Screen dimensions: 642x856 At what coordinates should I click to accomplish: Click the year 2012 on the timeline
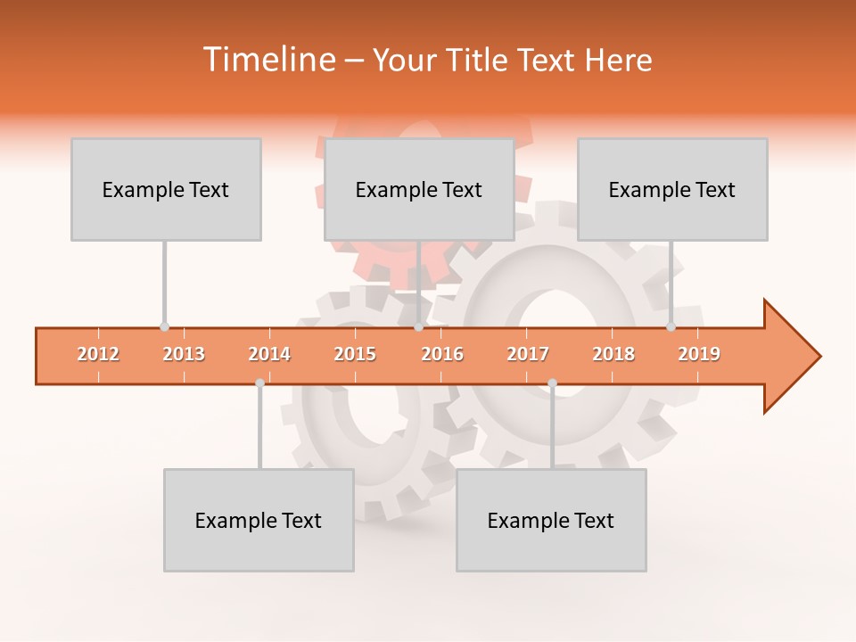coord(98,354)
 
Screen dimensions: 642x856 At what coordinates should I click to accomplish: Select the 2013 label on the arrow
coord(184,354)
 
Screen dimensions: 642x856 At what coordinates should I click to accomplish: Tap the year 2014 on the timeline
coord(269,354)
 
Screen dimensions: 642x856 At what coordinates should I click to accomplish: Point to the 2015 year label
coord(355,354)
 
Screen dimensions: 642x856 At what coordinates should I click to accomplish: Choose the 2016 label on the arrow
coord(442,354)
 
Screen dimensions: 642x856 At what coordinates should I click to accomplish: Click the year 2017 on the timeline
coord(528,354)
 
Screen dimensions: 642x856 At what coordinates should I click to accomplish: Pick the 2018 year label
coord(613,354)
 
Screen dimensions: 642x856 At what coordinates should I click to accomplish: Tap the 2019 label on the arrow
coord(699,354)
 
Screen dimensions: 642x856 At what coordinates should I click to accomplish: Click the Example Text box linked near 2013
coord(166,189)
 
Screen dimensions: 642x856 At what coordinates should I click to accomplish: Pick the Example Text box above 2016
coord(419,189)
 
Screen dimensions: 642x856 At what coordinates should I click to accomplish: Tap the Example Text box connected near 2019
coord(672,189)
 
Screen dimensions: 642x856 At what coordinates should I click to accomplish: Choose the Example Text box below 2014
coord(259,520)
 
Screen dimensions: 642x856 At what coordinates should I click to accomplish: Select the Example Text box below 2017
coord(551,520)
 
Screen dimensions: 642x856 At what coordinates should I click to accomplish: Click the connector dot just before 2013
coord(164,327)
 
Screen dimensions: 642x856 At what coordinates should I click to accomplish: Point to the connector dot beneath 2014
coord(259,383)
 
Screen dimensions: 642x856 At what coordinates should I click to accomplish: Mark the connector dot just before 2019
coord(671,327)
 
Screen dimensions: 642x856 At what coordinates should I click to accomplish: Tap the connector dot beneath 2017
coord(552,383)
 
